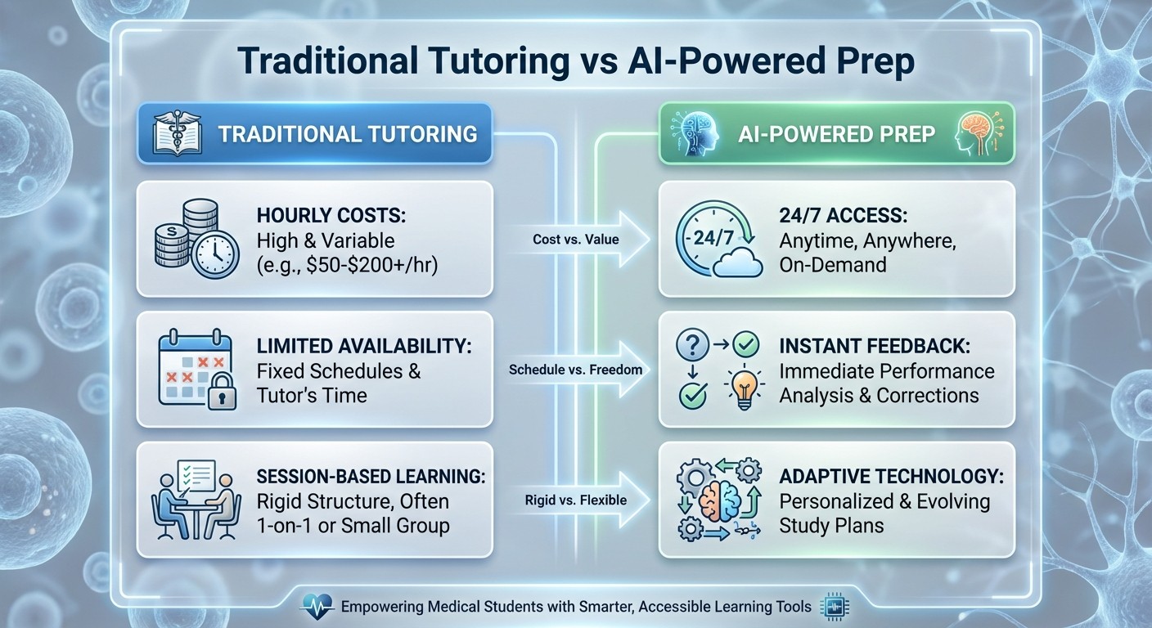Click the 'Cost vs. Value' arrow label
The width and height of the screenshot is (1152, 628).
[x=564, y=239]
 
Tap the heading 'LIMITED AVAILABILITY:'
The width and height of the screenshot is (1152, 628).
[x=364, y=346]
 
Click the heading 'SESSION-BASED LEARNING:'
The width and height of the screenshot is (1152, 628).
[x=371, y=477]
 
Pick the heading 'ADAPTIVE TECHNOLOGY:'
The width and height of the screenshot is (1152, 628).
[x=891, y=477]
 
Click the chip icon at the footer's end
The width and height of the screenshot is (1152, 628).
[x=834, y=607]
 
